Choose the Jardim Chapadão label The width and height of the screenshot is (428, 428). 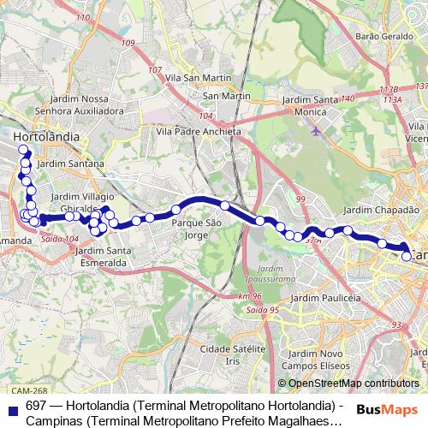click(x=381, y=210)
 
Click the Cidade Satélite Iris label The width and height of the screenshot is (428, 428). click(x=232, y=354)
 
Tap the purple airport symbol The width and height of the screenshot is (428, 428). click(x=318, y=131)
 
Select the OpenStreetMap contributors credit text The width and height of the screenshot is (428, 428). click(x=354, y=383)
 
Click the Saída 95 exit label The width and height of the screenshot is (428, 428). click(x=261, y=310)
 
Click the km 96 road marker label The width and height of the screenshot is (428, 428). click(x=250, y=296)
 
